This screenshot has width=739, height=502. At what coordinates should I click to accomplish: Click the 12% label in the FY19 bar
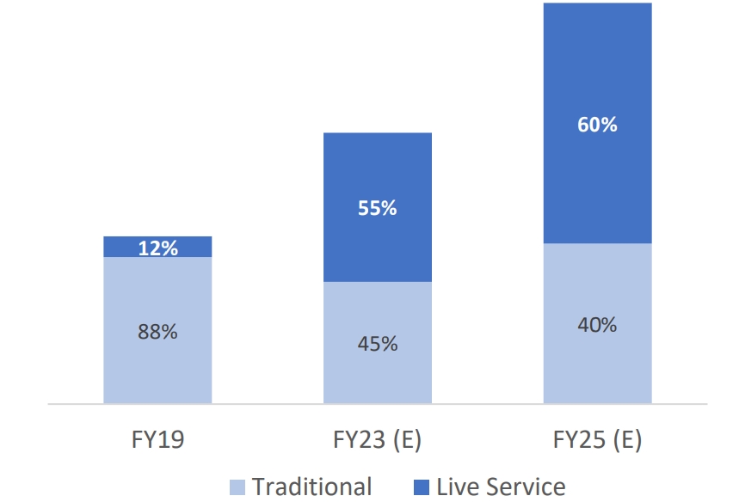(157, 248)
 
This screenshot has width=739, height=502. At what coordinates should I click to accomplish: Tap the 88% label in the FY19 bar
(157, 331)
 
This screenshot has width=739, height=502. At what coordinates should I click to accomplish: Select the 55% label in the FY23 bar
(377, 208)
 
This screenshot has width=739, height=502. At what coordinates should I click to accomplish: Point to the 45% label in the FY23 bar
(377, 344)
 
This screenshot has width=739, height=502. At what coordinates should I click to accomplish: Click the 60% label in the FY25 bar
(597, 125)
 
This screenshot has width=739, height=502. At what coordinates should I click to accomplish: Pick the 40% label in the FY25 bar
(597, 325)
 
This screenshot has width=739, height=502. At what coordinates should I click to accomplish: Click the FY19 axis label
(157, 441)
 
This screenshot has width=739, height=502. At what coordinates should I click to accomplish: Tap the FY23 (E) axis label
(377, 441)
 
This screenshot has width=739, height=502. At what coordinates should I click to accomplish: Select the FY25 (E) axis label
(597, 441)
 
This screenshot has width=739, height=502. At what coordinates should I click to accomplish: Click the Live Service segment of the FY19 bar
(120, 247)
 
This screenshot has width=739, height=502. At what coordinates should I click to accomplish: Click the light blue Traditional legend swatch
(238, 487)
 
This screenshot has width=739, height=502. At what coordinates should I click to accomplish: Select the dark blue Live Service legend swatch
(422, 487)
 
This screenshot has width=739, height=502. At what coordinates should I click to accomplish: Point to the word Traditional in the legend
(311, 487)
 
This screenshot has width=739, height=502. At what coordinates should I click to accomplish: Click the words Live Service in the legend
(501, 487)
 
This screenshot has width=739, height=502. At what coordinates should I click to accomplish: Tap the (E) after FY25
(626, 441)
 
